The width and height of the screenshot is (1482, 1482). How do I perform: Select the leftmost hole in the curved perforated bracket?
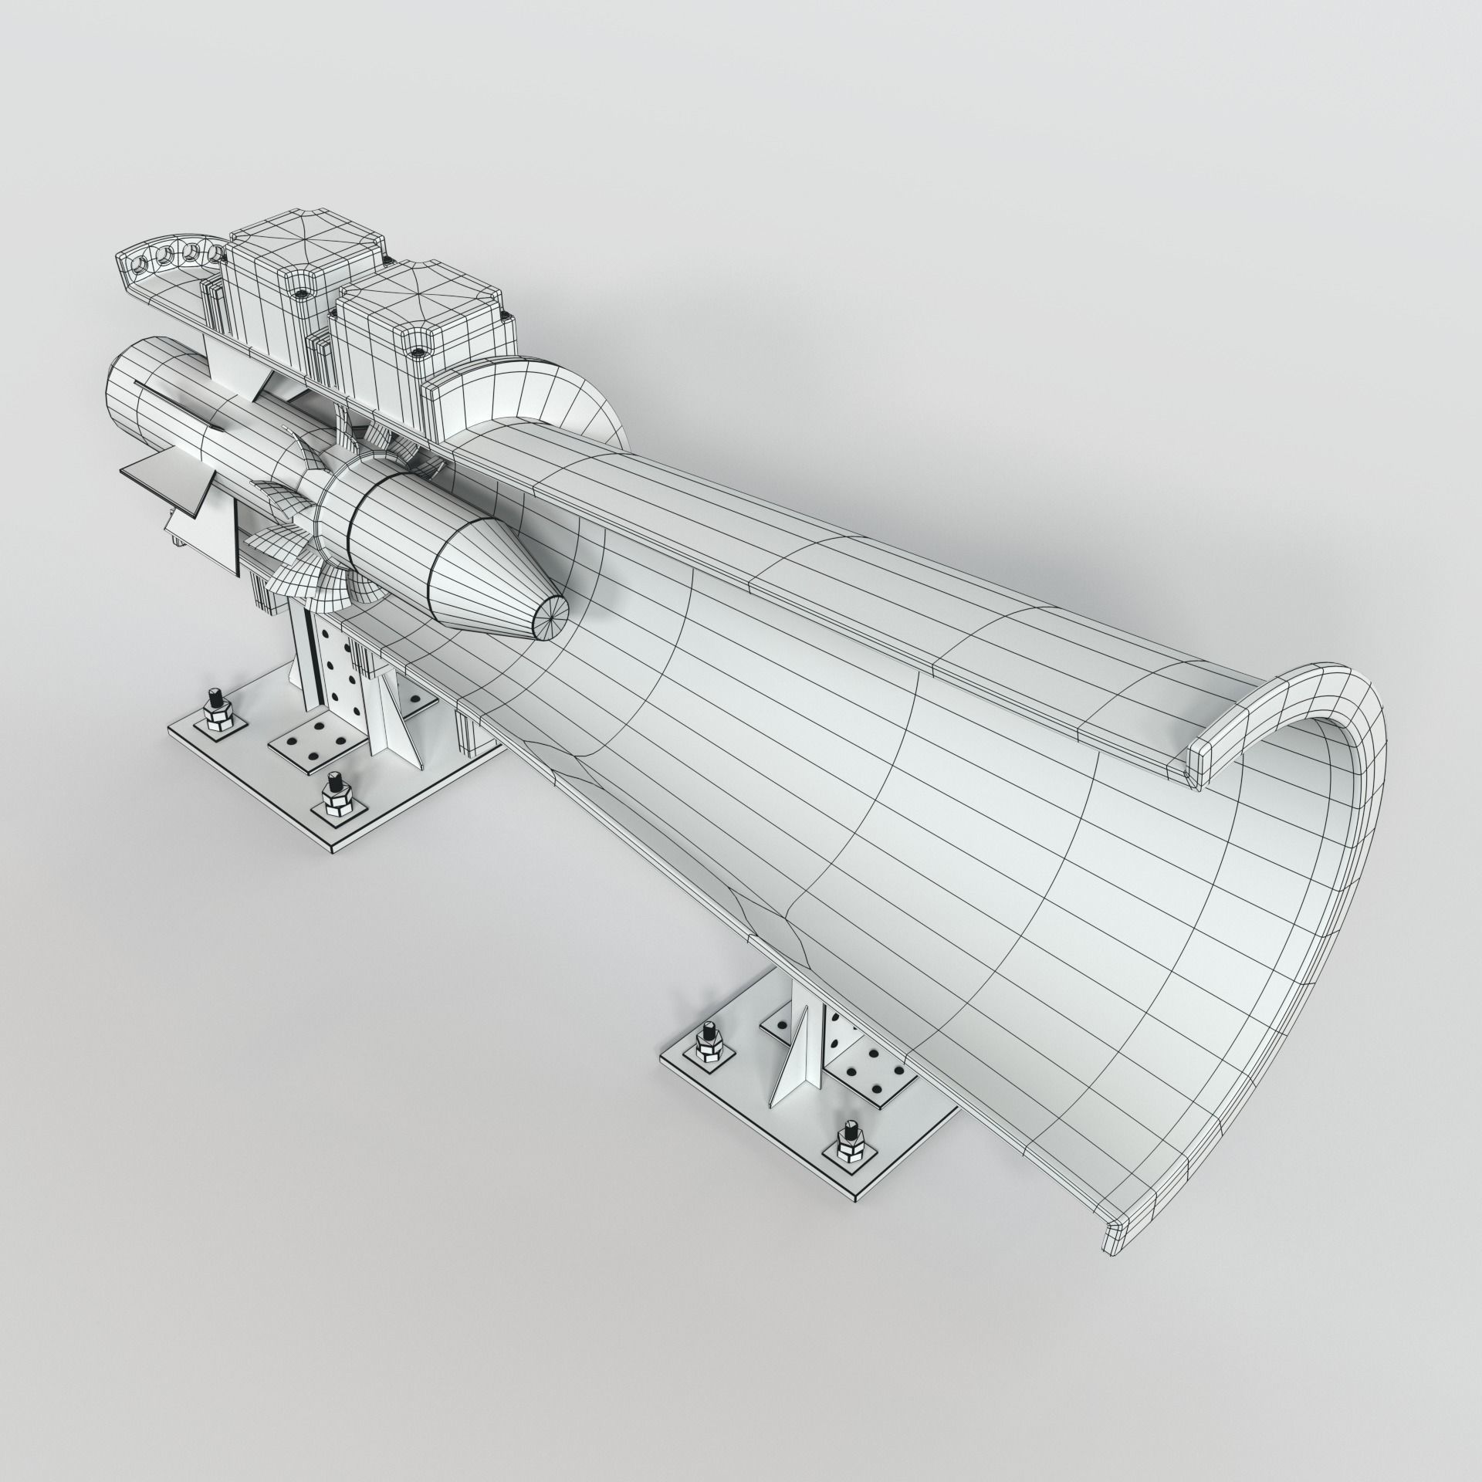[x=137, y=265]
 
